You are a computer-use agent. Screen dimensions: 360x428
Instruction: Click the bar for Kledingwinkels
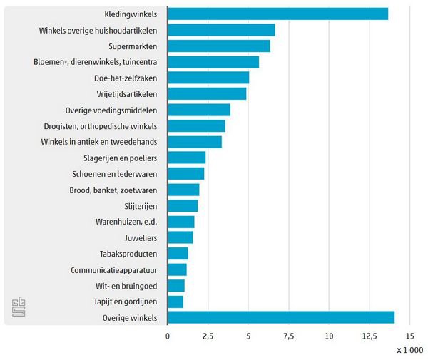pyautogui.click(x=278, y=14)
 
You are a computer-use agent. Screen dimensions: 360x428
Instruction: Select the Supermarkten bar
pyautogui.click(x=219, y=46)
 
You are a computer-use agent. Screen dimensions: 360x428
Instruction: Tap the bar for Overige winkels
pyautogui.click(x=281, y=317)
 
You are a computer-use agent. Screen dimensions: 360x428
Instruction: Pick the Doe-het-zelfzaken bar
pyautogui.click(x=208, y=78)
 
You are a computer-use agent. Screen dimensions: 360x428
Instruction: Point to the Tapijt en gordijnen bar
pyautogui.click(x=175, y=302)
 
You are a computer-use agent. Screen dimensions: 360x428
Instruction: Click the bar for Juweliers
pyautogui.click(x=180, y=237)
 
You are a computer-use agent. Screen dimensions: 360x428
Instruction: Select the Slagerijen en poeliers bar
pyautogui.click(x=187, y=158)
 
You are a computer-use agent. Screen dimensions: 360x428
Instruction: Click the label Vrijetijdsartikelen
pyautogui.click(x=126, y=94)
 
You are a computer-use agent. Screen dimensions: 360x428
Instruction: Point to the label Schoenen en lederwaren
pyautogui.click(x=115, y=174)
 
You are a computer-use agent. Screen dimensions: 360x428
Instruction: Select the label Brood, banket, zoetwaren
pyautogui.click(x=113, y=190)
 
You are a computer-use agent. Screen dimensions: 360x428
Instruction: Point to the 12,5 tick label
pyautogui.click(x=370, y=335)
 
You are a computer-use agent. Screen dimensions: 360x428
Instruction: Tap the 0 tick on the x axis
pyautogui.click(x=168, y=335)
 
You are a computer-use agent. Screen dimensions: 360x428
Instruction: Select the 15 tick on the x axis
pyautogui.click(x=409, y=335)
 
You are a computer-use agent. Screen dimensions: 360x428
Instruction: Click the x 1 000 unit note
pyautogui.click(x=409, y=349)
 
